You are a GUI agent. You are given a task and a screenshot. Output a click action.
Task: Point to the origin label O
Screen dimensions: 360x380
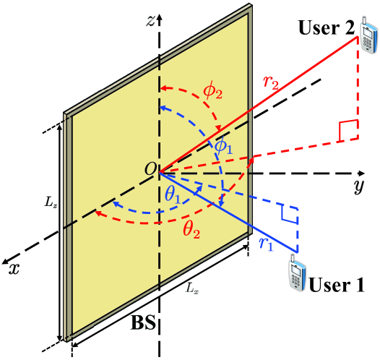(150, 169)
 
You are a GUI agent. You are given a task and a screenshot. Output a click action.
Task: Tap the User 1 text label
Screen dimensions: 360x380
(337, 284)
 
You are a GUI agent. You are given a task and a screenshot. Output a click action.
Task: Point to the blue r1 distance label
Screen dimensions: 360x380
(266, 244)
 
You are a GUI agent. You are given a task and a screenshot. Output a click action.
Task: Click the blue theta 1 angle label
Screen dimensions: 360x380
(173, 193)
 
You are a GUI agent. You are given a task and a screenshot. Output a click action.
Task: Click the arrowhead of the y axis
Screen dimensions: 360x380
(359, 173)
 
